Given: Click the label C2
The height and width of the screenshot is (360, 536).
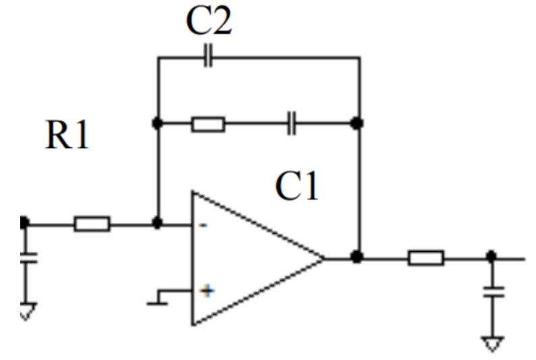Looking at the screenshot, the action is [209, 20].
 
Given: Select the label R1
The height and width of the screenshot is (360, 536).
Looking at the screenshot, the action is [67, 134].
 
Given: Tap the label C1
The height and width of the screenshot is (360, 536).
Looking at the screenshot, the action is [297, 186].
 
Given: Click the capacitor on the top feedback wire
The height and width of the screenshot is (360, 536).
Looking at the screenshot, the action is [208, 55].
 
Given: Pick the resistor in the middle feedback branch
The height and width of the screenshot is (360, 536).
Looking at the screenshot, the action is [208, 124].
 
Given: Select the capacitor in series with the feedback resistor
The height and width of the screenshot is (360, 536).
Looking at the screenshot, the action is [291, 123].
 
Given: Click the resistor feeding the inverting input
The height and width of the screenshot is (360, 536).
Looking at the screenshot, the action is [92, 224].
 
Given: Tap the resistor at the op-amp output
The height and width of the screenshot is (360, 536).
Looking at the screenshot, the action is [426, 258].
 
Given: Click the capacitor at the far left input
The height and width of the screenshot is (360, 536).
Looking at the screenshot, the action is [29, 258].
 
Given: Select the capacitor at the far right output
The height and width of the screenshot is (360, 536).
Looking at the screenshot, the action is [493, 292].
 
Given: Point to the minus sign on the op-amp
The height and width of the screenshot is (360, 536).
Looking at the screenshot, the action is [203, 225].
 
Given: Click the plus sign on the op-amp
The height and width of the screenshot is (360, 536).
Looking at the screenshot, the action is [207, 291].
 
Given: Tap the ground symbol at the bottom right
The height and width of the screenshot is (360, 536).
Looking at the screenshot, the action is [493, 344].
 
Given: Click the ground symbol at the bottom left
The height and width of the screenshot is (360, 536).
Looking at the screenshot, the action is [28, 311].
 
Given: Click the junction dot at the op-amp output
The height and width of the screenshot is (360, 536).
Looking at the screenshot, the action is [356, 257].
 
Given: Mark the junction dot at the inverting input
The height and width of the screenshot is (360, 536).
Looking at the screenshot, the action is [157, 224].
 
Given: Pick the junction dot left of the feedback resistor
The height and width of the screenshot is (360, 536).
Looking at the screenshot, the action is [157, 123].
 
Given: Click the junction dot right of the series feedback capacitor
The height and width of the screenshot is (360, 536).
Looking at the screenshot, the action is [356, 123].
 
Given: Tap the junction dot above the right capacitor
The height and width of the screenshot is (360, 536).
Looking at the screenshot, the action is [491, 256].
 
